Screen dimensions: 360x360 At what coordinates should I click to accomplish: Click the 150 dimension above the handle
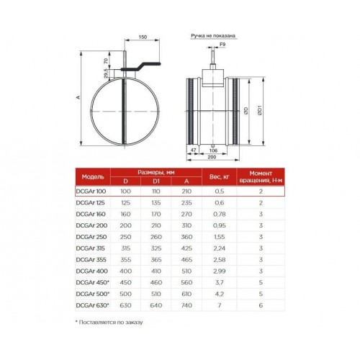coord(143,37)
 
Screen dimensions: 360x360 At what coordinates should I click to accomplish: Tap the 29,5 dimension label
coord(106,74)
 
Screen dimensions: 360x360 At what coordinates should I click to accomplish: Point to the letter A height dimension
coord(78,97)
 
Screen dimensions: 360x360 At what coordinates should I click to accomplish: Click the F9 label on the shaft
coord(222,45)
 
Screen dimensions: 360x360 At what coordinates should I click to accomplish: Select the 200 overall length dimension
coord(212,157)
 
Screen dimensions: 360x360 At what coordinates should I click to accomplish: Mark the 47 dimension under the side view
coord(193,150)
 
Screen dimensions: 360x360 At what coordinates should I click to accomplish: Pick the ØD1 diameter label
coord(261,111)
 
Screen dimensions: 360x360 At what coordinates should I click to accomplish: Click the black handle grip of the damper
coord(141,67)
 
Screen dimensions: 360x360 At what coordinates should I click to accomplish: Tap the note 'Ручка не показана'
coord(213,36)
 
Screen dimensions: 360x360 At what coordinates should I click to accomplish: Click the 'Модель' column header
coord(93,177)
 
